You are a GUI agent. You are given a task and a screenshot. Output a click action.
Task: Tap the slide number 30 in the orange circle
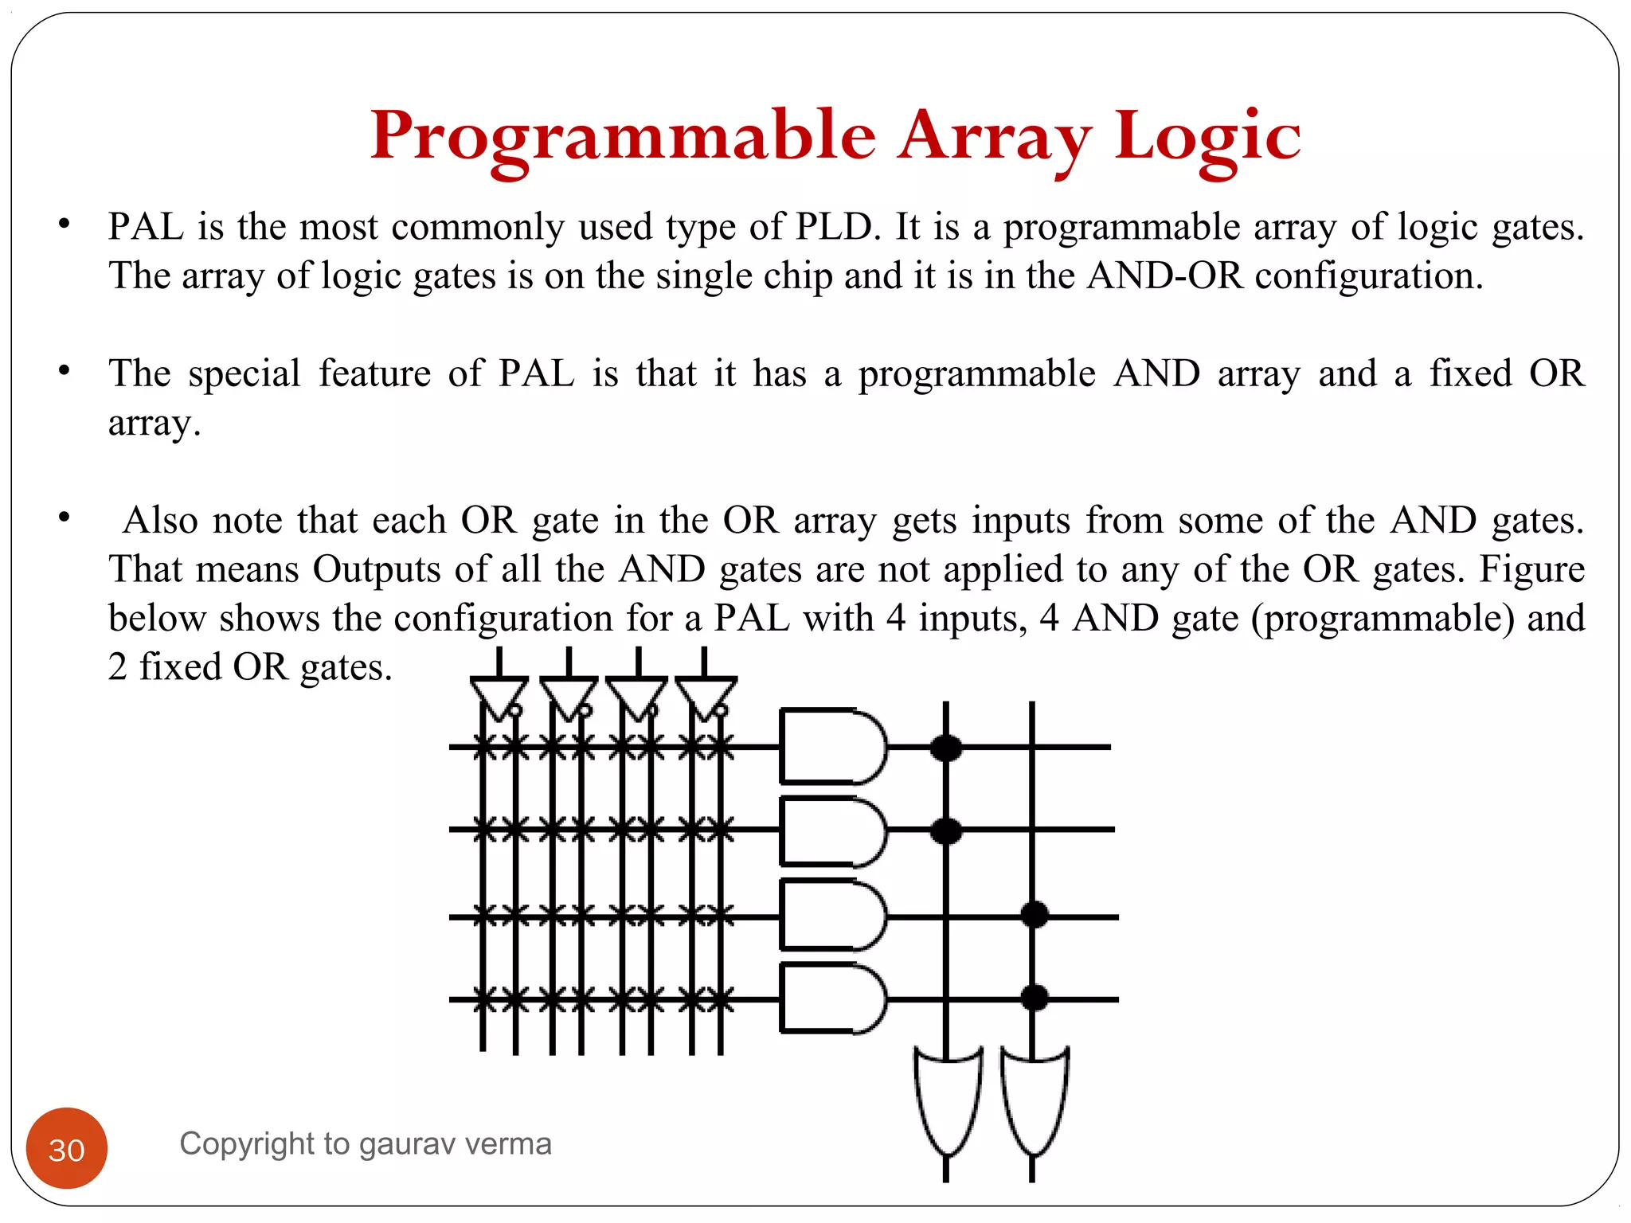(x=67, y=1150)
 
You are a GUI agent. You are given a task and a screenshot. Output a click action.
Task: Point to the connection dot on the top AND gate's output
(x=946, y=748)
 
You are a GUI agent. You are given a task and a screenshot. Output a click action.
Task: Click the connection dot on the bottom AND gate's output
(x=1034, y=997)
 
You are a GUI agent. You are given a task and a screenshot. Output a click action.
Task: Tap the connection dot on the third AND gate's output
(x=1034, y=914)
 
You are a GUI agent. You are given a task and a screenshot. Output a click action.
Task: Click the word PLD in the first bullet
(x=837, y=227)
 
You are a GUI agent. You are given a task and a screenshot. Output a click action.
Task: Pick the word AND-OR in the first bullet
(x=1165, y=276)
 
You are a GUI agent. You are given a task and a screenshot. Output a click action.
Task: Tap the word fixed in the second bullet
(x=1470, y=373)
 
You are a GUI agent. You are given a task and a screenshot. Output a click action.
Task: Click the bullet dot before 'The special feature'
(x=65, y=371)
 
